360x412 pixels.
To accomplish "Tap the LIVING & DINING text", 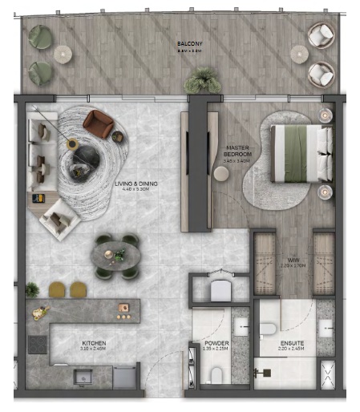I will (x=136, y=184).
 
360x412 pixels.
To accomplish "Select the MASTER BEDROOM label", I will (x=238, y=150).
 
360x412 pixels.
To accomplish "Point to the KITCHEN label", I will (x=93, y=343).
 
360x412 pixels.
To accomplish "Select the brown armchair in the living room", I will (x=99, y=123).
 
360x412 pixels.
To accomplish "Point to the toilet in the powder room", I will (x=214, y=377).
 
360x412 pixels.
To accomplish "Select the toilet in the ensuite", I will (x=268, y=328).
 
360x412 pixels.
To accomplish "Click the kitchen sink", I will (x=83, y=376).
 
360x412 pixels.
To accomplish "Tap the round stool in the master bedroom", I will (x=221, y=173).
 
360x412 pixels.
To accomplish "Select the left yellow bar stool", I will (x=57, y=289).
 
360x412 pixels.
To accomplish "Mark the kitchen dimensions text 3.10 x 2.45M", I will (x=93, y=349).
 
